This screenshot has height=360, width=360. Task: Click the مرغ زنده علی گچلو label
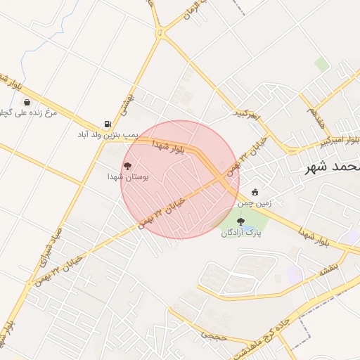coord(32,112)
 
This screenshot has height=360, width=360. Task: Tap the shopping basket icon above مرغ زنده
coord(27,102)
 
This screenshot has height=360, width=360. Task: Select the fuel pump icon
coord(108,123)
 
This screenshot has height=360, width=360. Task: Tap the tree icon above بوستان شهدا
coord(127,166)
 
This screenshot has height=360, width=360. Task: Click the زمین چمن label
coord(254,202)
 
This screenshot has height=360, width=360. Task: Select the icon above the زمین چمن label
coord(255,192)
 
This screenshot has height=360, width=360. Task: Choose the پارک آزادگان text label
coord(240,233)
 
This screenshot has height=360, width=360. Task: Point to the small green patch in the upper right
coord(322,64)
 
